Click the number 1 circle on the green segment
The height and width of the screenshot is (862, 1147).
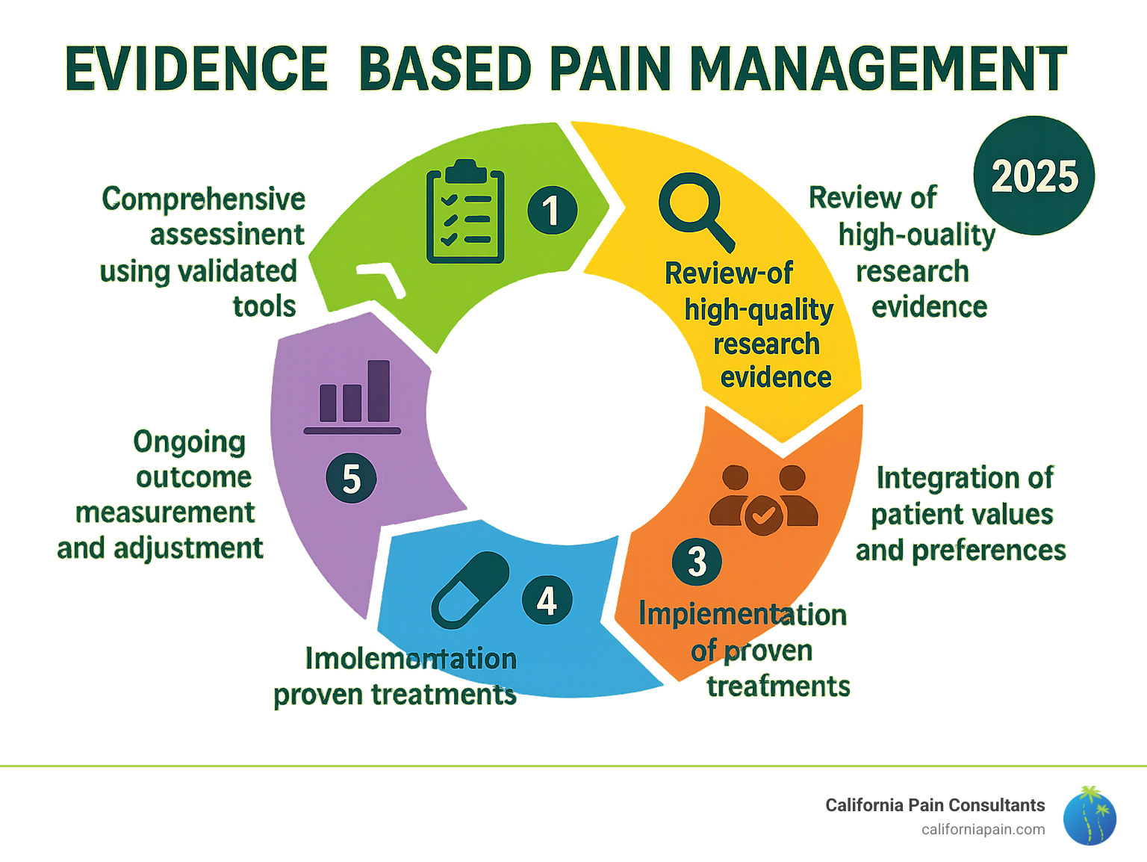(552, 210)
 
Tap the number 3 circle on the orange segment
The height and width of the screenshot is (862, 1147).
(696, 562)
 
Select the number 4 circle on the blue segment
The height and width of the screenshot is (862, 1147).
(547, 601)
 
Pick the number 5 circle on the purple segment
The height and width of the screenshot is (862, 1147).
(351, 479)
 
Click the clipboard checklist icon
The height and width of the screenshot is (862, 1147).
(464, 213)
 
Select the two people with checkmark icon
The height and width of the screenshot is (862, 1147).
(763, 499)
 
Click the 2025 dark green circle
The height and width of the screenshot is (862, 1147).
(1033, 176)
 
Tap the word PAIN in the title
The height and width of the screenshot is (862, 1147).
(609, 69)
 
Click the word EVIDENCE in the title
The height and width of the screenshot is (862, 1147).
(196, 69)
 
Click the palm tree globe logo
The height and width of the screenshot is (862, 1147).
(1090, 816)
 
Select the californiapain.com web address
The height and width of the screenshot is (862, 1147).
(983, 830)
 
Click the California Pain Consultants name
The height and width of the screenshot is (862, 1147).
(935, 805)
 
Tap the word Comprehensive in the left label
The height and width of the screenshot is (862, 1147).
(204, 199)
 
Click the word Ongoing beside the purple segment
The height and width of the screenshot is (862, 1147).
(189, 442)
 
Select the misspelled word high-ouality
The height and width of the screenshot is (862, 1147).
(916, 235)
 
